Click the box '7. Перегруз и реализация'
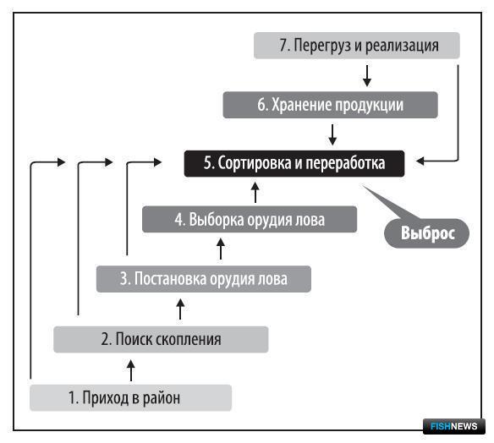point(357,46)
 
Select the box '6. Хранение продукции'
point(330,105)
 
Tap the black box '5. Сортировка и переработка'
point(294,163)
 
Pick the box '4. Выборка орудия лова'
point(250,220)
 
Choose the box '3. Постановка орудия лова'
point(204,279)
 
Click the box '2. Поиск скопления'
point(161,339)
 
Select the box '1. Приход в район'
point(131,397)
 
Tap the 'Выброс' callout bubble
point(426,233)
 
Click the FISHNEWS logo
point(454,426)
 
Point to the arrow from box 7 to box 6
point(367,75)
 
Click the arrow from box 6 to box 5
point(332,134)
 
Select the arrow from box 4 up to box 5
point(255,192)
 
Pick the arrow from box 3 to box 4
point(221,249)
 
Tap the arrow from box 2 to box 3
point(180,309)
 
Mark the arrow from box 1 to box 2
point(131,370)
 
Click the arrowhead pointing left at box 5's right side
point(420,161)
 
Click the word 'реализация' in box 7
point(402,46)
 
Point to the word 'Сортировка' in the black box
point(255,163)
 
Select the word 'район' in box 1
point(162,398)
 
